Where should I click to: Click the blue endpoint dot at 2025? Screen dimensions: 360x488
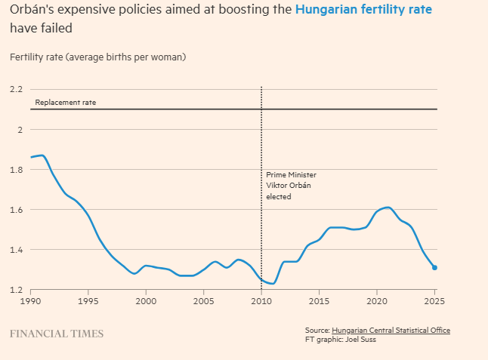click(434, 268)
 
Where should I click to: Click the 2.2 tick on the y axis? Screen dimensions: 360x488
click(17, 90)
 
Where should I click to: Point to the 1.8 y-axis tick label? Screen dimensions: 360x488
click(17, 170)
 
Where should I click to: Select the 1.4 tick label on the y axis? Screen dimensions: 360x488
click(17, 250)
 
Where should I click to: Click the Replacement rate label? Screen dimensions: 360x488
click(66, 102)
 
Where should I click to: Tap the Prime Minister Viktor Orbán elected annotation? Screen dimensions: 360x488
click(291, 186)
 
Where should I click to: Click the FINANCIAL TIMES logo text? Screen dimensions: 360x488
click(57, 333)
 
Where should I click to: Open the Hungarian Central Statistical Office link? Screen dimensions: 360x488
click(391, 331)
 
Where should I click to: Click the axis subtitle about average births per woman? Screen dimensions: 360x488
click(97, 57)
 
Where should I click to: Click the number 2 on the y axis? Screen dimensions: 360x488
click(20, 130)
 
